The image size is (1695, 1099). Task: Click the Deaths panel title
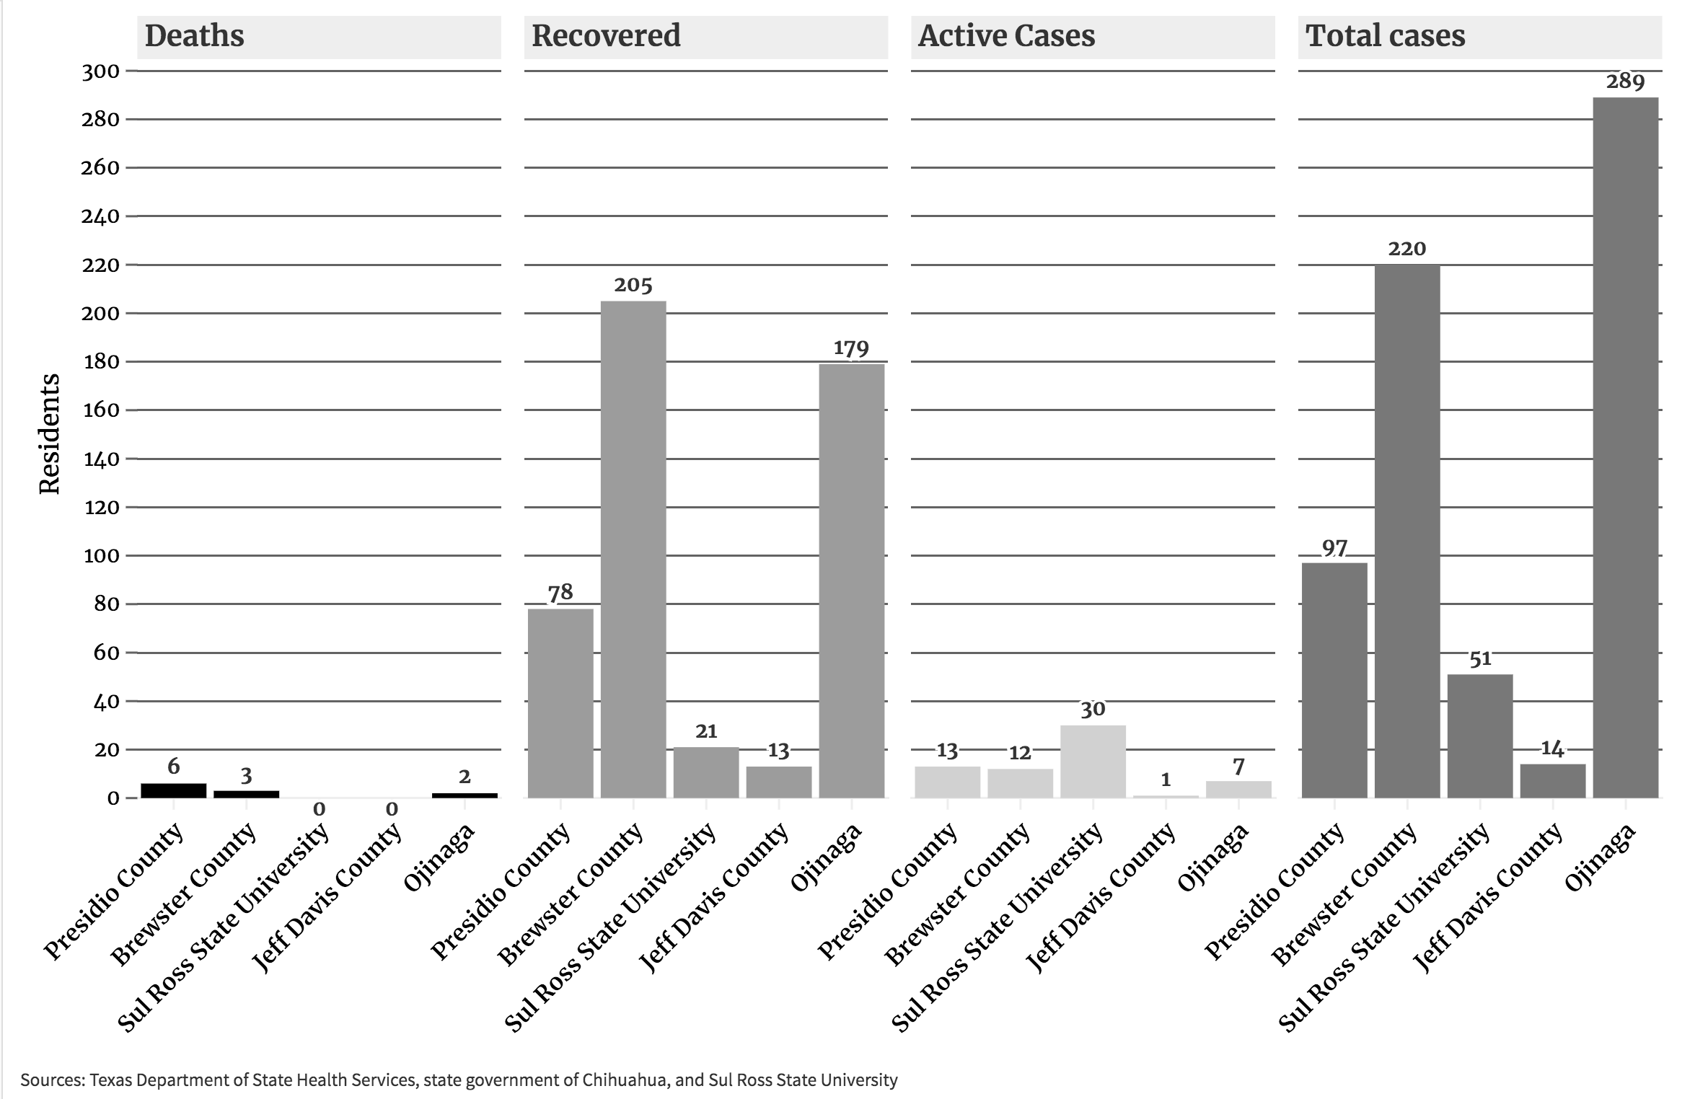[194, 36]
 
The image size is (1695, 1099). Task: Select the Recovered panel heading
[605, 36]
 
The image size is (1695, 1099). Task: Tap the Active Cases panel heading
[1005, 36]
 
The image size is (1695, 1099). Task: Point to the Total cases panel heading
[1385, 36]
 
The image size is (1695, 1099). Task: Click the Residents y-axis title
[49, 434]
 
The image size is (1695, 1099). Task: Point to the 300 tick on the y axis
[101, 71]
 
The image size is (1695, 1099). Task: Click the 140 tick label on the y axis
[101, 459]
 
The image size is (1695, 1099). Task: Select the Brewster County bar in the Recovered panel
[633, 548]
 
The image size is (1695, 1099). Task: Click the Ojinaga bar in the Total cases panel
[1625, 447]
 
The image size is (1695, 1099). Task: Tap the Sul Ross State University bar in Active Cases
[1093, 761]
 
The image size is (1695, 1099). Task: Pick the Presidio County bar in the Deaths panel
[173, 790]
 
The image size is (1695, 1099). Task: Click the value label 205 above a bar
[633, 286]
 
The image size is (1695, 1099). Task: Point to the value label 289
[1625, 81]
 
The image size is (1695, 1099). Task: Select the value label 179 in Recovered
[851, 348]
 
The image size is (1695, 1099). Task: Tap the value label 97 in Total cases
[1334, 548]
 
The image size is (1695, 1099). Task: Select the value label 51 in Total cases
[1480, 659]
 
